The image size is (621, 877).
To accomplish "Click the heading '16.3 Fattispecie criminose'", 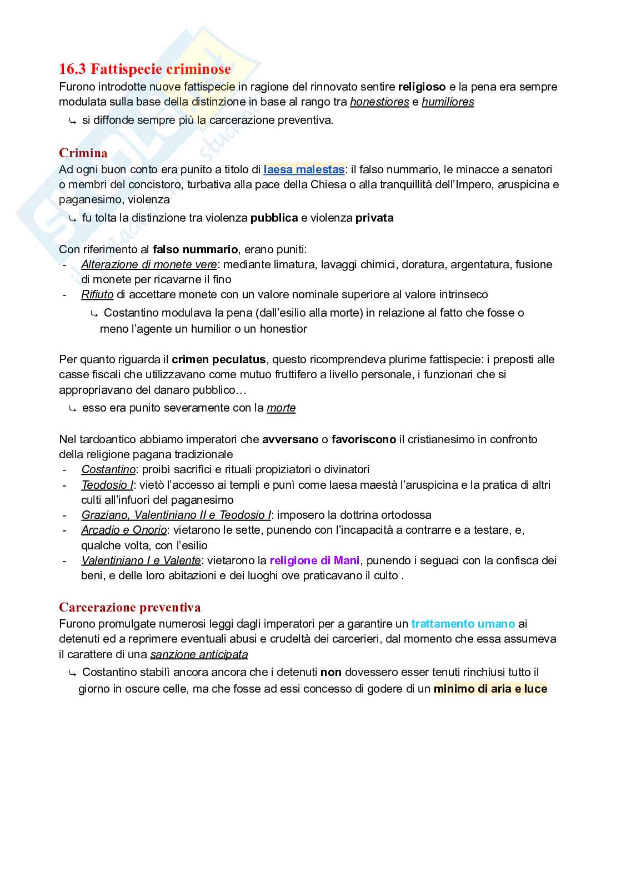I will click(x=144, y=69).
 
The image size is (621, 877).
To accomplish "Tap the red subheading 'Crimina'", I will click(x=83, y=153).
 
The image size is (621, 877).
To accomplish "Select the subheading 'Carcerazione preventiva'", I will click(x=129, y=608).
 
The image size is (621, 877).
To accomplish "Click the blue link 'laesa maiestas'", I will click(x=304, y=169).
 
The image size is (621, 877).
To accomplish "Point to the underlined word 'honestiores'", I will click(x=379, y=102).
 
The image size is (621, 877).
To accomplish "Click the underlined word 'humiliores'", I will click(x=448, y=102).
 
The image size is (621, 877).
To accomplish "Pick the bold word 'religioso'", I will click(x=422, y=87).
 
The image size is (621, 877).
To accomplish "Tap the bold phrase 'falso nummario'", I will click(x=195, y=249).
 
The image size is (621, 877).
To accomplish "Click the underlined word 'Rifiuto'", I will click(x=97, y=294).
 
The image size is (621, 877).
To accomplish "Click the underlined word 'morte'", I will click(x=281, y=408).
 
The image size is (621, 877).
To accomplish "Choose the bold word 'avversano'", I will click(x=290, y=439).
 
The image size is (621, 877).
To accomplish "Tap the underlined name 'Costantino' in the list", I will click(x=108, y=469).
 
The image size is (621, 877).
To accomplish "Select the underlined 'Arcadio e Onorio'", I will click(x=124, y=530).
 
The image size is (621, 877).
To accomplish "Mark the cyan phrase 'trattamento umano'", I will click(x=463, y=624).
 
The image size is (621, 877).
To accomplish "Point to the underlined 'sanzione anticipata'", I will click(x=199, y=654).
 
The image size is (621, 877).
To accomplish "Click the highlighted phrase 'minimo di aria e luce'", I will click(x=490, y=689).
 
